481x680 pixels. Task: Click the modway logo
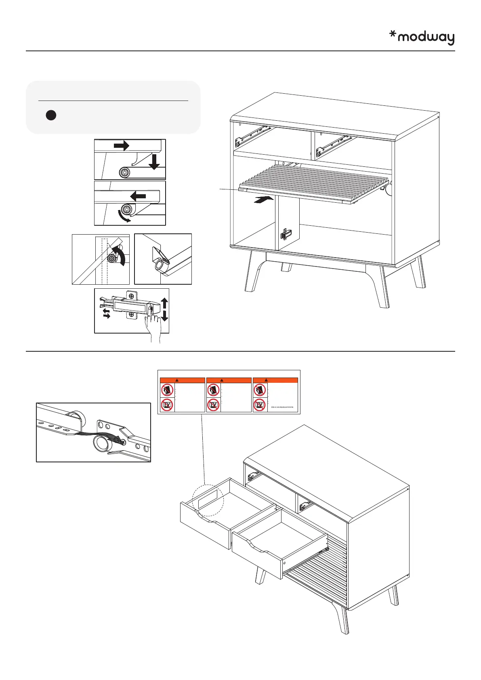(x=422, y=38)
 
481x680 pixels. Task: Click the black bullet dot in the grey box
(x=50, y=115)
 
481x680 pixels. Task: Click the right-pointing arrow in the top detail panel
(x=121, y=145)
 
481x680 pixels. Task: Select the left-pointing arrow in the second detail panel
(x=138, y=197)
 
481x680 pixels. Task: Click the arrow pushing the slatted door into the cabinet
(x=261, y=199)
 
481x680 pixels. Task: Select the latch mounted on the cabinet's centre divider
(x=286, y=234)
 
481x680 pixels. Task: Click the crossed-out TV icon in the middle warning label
(x=214, y=405)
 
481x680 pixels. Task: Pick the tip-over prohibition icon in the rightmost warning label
(x=260, y=390)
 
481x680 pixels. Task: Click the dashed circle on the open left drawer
(x=208, y=500)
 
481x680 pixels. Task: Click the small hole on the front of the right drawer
(x=284, y=562)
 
